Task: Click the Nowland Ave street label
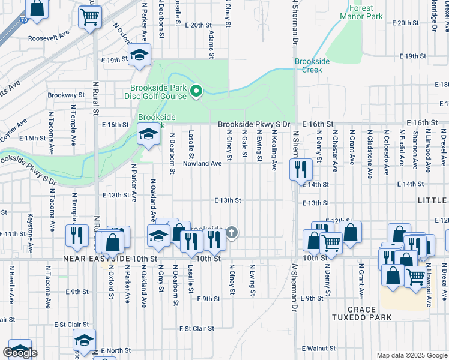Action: [x=199, y=163]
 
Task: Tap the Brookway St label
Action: [x=66, y=95]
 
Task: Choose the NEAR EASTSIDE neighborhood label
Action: [x=103, y=258]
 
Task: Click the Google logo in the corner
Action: [x=20, y=353]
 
